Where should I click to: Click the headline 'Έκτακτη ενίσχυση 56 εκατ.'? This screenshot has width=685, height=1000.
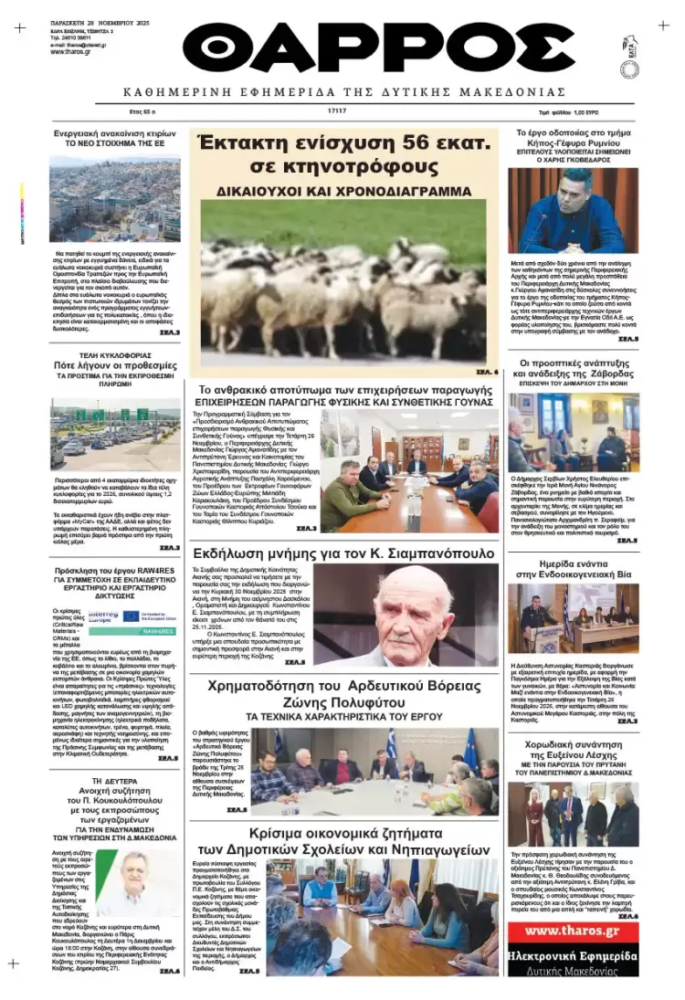click(x=345, y=145)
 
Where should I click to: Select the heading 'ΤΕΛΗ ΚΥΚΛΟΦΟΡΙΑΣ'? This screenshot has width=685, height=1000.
click(x=114, y=353)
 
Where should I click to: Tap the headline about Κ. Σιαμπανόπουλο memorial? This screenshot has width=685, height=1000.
click(x=345, y=552)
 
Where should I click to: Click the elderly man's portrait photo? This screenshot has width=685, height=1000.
click(x=407, y=614)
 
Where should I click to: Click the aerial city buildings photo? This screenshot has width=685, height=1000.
click(x=115, y=199)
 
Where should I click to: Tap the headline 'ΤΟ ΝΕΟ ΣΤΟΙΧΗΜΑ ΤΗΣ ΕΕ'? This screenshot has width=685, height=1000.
click(x=115, y=144)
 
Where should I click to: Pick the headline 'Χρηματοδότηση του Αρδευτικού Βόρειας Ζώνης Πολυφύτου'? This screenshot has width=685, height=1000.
click(x=345, y=692)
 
